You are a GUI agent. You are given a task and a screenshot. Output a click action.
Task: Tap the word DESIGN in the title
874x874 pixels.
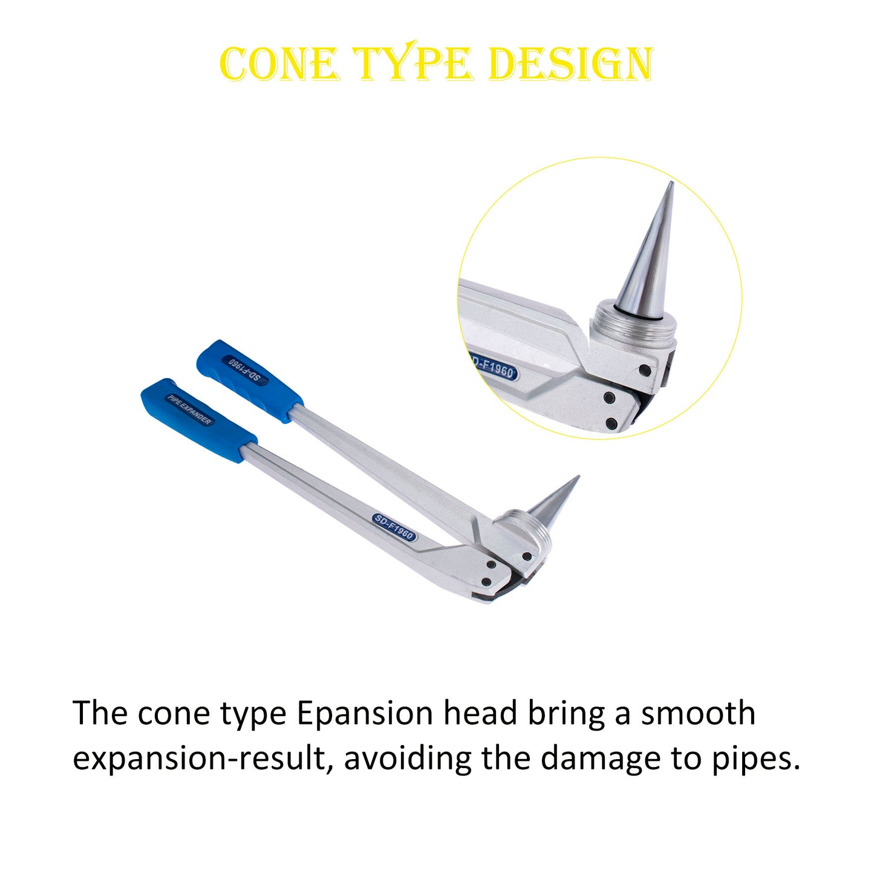[x=572, y=64]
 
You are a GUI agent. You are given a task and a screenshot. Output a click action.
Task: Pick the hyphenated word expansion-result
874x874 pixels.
[x=200, y=761]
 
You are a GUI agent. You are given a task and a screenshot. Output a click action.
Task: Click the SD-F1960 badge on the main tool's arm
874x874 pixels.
[x=394, y=527]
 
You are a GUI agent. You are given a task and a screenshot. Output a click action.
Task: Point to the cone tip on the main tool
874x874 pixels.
[x=579, y=476]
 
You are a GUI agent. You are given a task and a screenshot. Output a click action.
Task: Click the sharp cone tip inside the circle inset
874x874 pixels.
[x=672, y=182]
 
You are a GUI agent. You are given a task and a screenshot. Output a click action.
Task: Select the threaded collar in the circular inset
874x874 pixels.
[x=634, y=320]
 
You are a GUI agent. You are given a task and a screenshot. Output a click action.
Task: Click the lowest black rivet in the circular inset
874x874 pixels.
[x=611, y=423]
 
